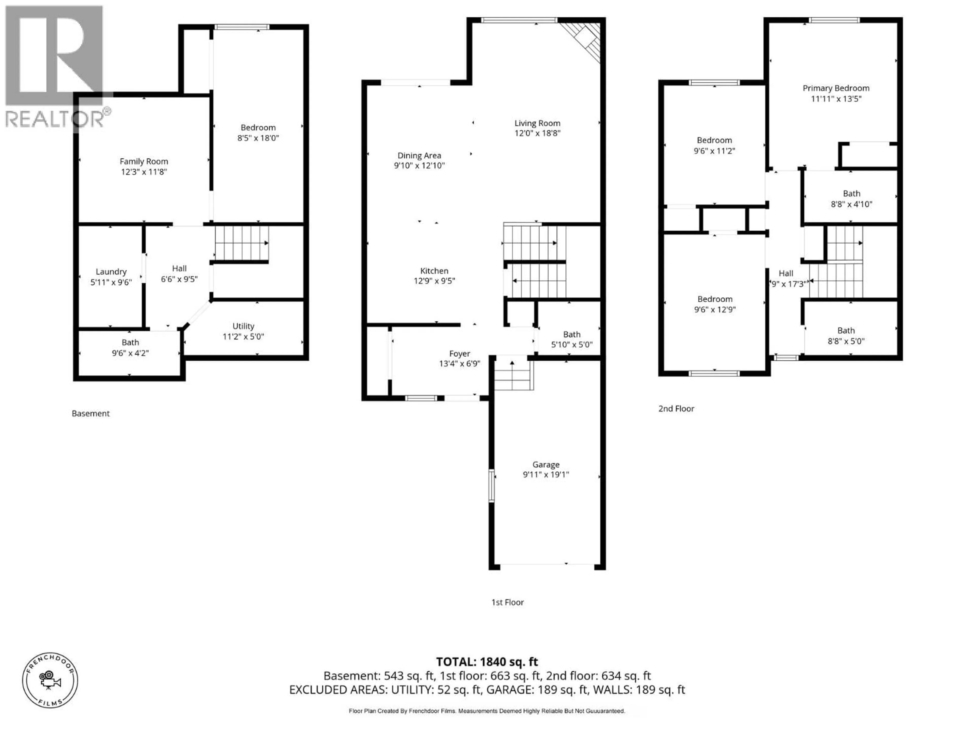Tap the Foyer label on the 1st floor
pyautogui.click(x=459, y=354)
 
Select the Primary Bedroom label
pyautogui.click(x=836, y=88)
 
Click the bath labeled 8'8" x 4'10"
pyautogui.click(x=851, y=199)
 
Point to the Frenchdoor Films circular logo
pyautogui.click(x=50, y=680)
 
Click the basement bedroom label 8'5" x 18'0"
pyautogui.click(x=258, y=133)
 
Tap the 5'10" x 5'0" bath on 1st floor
pyautogui.click(x=571, y=340)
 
